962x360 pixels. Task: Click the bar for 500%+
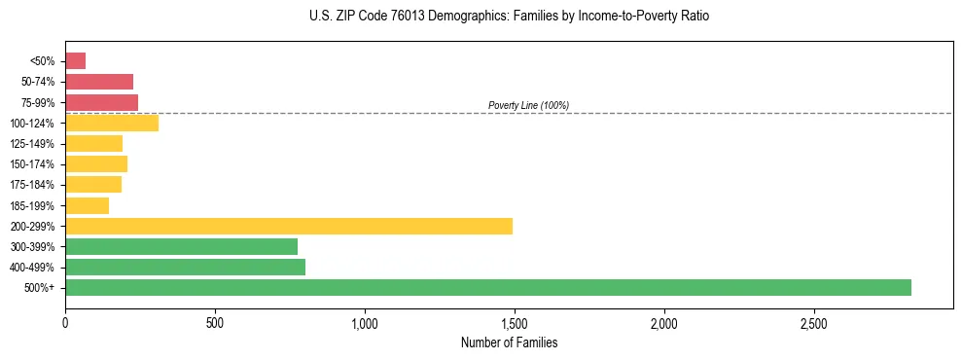point(487,287)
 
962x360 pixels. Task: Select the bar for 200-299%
point(288,226)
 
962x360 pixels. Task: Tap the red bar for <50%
point(75,61)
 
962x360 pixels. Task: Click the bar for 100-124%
point(111,123)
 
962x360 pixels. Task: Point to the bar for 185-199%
point(87,205)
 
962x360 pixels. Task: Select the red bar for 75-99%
point(101,102)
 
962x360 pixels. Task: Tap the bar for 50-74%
point(98,82)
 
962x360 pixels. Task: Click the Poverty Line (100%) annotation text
point(528,105)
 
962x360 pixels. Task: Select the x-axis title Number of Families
point(509,342)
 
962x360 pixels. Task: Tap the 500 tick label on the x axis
point(215,322)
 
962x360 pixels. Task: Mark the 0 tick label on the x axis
point(65,322)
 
